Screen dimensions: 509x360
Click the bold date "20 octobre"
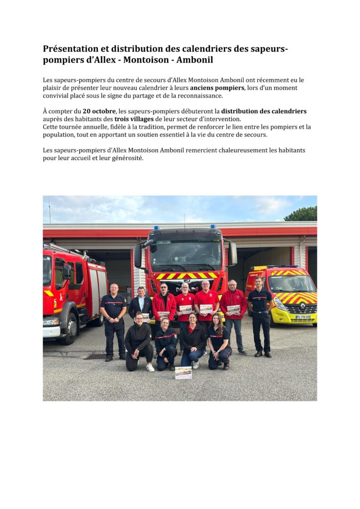(99, 111)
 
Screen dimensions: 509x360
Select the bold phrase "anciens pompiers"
(217, 88)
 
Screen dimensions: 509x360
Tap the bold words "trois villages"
(134, 119)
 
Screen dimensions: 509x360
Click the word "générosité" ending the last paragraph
(126, 158)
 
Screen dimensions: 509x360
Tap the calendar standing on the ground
(183, 373)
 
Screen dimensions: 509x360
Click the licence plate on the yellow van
(302, 317)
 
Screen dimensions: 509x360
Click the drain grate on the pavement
(94, 356)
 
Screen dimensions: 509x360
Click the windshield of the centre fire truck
(185, 256)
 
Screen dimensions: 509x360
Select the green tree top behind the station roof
(301, 214)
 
